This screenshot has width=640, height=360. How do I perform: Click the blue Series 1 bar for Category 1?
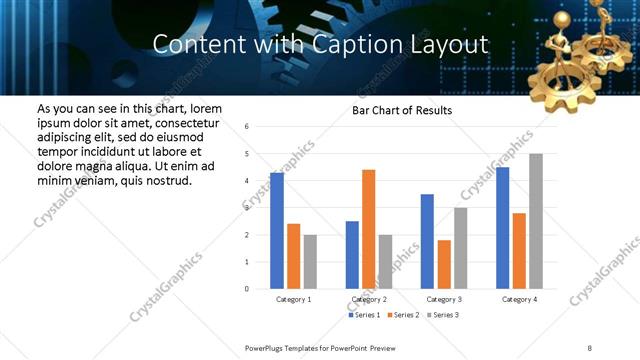(277, 231)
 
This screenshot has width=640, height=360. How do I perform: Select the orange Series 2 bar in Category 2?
(368, 229)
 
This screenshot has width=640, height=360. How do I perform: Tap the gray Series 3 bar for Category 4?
(536, 221)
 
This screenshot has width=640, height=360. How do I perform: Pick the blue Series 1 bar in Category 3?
(427, 241)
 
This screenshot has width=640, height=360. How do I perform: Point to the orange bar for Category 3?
(444, 264)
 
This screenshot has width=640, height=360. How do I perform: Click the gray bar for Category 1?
(310, 262)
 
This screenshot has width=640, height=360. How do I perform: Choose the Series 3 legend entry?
(445, 316)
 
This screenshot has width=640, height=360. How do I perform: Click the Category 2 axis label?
(369, 299)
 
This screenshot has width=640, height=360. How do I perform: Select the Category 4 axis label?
(519, 299)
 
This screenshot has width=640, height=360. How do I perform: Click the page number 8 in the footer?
(590, 347)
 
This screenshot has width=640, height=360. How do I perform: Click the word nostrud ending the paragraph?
(167, 180)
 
